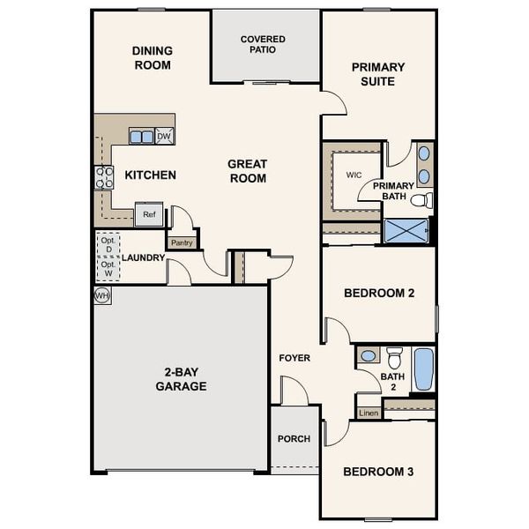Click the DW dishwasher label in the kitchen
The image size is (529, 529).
(x=164, y=136)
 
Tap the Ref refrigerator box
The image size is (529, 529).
(x=149, y=214)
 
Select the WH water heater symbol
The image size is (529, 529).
(x=101, y=295)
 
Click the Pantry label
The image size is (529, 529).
(x=182, y=242)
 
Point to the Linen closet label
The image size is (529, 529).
(x=368, y=413)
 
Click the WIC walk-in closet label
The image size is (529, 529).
(x=354, y=175)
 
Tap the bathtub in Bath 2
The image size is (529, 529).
(x=423, y=369)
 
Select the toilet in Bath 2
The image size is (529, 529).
(x=395, y=357)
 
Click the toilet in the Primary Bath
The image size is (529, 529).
(x=422, y=200)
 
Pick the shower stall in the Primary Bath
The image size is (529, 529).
(x=406, y=232)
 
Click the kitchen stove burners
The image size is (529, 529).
(x=104, y=177)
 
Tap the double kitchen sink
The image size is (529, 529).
(x=141, y=136)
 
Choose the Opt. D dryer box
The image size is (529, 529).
(x=108, y=244)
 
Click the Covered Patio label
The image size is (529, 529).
(x=264, y=44)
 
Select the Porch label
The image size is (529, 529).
(x=294, y=439)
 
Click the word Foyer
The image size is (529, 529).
(x=294, y=358)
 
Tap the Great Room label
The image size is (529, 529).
(x=247, y=171)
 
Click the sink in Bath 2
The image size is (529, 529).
(x=369, y=356)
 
